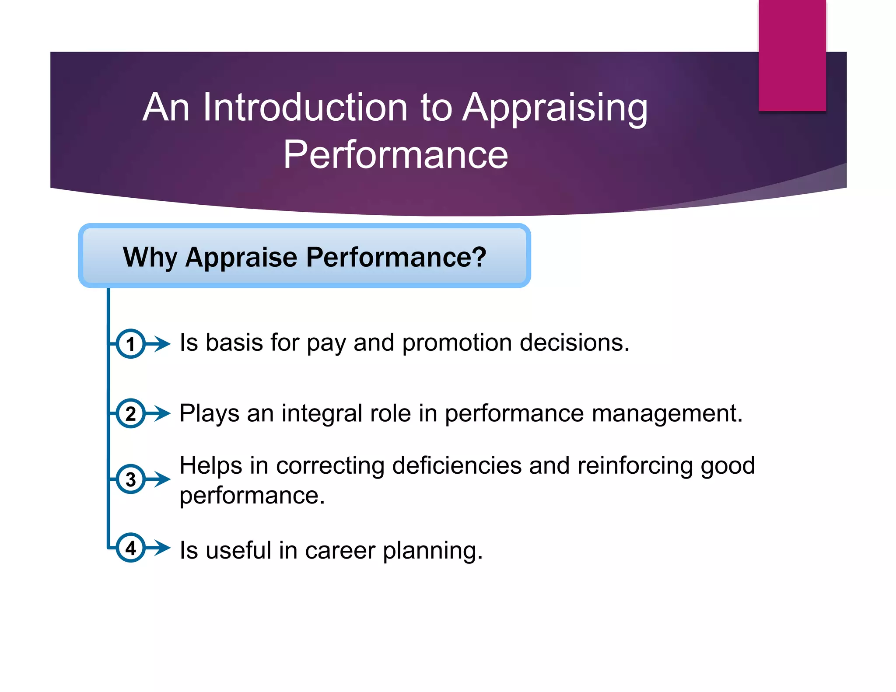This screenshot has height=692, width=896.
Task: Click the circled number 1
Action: click(x=130, y=344)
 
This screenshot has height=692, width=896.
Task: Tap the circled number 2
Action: click(x=130, y=413)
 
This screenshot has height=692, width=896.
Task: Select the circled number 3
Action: click(x=130, y=479)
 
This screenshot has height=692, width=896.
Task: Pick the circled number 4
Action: click(x=130, y=548)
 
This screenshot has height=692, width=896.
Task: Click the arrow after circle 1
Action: click(x=158, y=344)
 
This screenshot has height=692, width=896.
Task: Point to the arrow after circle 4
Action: click(x=158, y=548)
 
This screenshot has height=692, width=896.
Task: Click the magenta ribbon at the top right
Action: click(x=792, y=55)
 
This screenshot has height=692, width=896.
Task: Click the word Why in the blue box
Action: click(x=150, y=257)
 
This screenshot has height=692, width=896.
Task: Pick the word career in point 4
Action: click(x=340, y=550)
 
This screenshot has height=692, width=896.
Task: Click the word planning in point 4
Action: click(x=432, y=551)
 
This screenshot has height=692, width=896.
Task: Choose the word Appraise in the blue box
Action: click(x=241, y=257)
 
